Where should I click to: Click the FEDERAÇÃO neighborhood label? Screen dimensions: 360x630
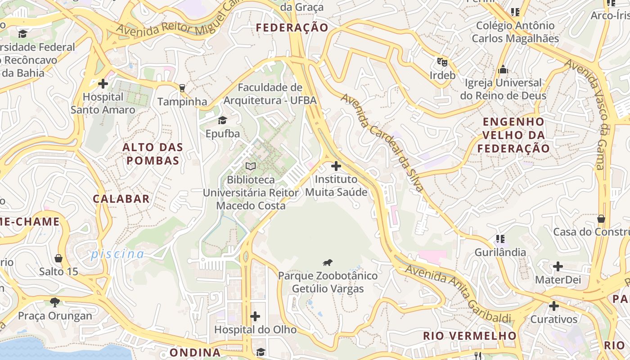pos(292,28)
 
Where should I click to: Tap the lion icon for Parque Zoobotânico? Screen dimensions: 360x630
pos(328,262)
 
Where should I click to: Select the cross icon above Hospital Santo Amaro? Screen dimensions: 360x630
pos(103,84)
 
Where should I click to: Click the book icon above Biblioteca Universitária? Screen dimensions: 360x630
pos(251,166)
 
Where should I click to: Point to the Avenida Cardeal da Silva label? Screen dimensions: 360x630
pos(382,143)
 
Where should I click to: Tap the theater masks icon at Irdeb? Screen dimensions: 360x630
pos(442,62)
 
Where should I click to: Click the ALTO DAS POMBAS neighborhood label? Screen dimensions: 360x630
pos(153,154)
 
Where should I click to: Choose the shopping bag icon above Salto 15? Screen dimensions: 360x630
pos(58,258)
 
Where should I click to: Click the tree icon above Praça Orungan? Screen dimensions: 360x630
pos(55,302)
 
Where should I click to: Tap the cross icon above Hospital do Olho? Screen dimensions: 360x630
pos(255,316)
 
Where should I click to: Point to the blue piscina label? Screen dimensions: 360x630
pos(117,254)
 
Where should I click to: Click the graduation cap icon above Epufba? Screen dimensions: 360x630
pos(222,120)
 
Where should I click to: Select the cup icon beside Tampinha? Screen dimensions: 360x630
pos(182,88)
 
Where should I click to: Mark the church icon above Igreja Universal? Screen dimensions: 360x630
pos(503,70)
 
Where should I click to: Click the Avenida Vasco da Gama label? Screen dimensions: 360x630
pos(594,115)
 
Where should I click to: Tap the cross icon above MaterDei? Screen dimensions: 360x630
pos(558,266)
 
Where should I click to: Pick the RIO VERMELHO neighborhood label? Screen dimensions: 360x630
pos(470,336)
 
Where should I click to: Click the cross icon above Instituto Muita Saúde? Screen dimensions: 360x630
pos(336,166)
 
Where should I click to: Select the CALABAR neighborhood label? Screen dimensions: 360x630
pos(121,199)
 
